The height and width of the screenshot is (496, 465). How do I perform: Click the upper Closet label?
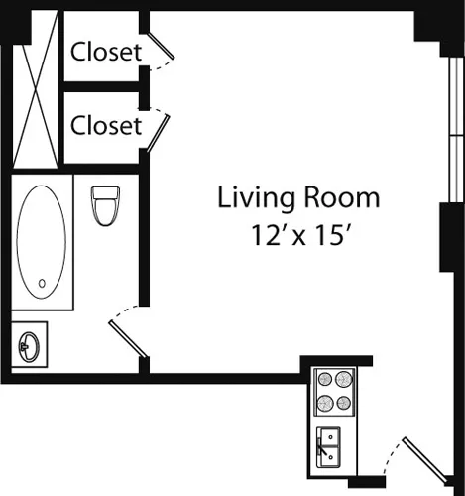tap(107, 51)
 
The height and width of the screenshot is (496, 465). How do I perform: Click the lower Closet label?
tap(107, 126)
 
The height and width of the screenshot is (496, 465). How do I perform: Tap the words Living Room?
tap(298, 197)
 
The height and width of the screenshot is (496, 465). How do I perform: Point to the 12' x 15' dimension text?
tap(298, 237)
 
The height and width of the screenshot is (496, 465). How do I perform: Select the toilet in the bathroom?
tap(103, 205)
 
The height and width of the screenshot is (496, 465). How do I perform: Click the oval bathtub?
tap(43, 239)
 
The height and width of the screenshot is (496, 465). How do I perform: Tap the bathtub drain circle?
tap(42, 284)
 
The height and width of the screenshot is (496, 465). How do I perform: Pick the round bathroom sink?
tap(29, 346)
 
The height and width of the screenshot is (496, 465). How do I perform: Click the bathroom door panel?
tap(130, 338)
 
